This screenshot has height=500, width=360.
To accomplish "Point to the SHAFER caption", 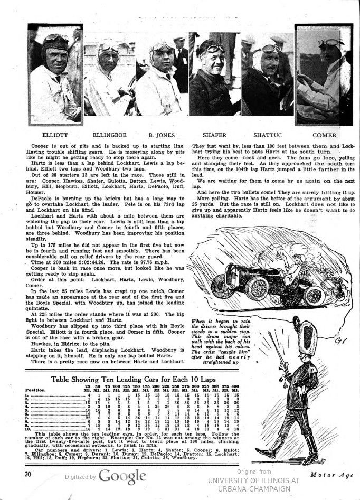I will [214, 135].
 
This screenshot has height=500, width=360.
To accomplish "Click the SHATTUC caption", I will [267, 135].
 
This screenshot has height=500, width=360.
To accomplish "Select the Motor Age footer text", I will [333, 475].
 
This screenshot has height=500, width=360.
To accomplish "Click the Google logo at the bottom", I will [122, 476].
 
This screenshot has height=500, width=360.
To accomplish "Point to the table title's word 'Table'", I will [62, 379].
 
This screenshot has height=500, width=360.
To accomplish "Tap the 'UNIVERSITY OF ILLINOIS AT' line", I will [253, 480].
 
